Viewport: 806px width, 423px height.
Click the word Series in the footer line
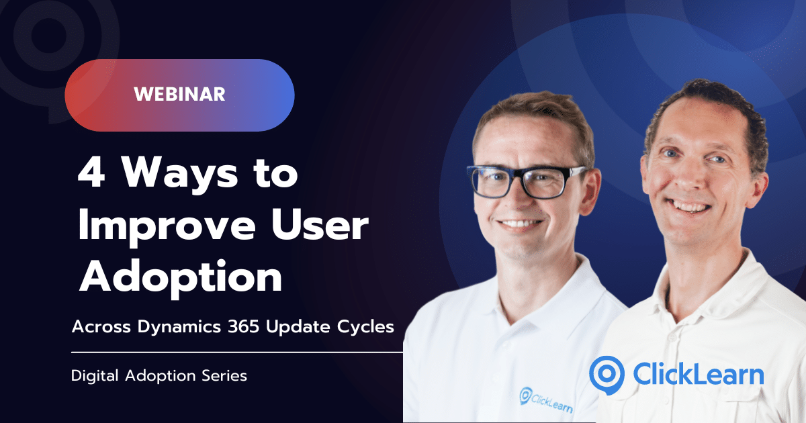click(x=222, y=376)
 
